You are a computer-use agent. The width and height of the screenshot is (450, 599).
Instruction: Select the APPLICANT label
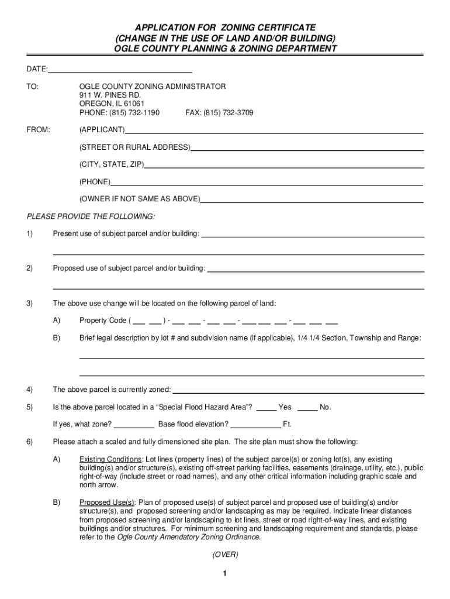click(102, 129)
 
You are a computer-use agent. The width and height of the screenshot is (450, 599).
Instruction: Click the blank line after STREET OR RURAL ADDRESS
click(306, 147)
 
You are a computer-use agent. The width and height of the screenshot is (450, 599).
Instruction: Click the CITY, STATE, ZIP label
click(112, 164)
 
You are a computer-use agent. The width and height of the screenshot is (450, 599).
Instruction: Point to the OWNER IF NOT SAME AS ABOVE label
click(140, 199)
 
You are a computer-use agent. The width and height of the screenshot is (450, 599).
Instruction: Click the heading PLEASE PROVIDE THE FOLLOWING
click(91, 216)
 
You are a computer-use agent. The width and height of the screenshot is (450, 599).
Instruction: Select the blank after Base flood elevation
click(255, 424)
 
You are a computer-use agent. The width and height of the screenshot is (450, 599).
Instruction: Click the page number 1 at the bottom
click(224, 574)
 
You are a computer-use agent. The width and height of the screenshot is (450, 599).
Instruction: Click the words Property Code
click(103, 321)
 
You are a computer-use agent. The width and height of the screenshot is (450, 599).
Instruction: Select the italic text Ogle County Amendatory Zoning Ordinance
click(188, 537)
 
